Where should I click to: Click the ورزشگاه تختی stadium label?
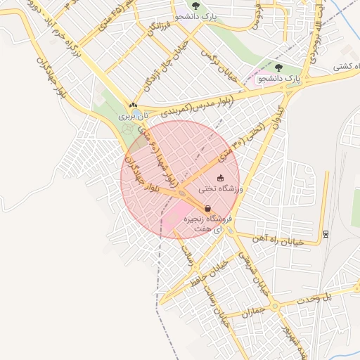pyautogui.click(x=221, y=189)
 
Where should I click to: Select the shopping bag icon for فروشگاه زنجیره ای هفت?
pyautogui.click(x=207, y=209)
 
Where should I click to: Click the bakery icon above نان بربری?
pyautogui.click(x=132, y=104)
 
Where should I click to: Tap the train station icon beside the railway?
pyautogui.click(x=326, y=233)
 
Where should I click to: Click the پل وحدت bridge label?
pyautogui.click(x=318, y=297)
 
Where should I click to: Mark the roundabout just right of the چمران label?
pyautogui.click(x=276, y=307)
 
